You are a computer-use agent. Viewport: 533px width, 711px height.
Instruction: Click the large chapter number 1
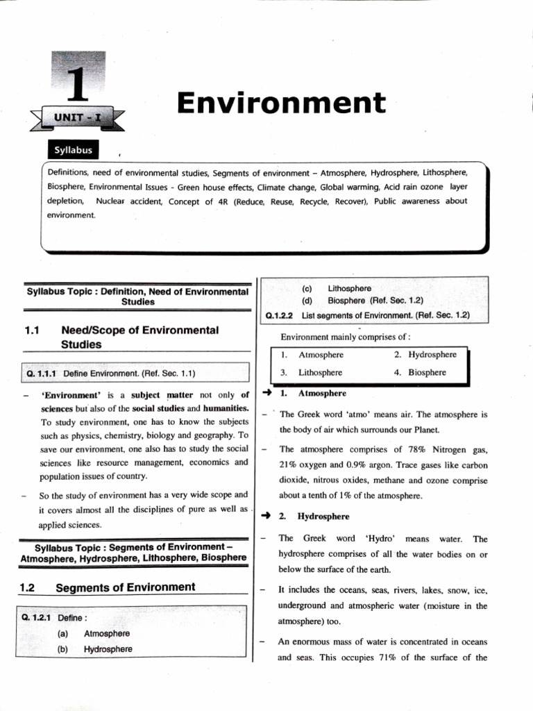pos(78,83)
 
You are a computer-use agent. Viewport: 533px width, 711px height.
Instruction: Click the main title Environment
pos(280,103)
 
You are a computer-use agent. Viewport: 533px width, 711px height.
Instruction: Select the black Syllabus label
pos(73,150)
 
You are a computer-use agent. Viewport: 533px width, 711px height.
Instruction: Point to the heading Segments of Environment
pos(125,587)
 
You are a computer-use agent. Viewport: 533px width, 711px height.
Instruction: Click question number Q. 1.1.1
pos(42,374)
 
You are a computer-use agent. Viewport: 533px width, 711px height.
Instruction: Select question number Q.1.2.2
pos(281,315)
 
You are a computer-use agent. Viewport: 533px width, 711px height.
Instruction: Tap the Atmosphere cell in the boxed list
pos(321,354)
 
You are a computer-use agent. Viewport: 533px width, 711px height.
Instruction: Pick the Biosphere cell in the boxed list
pos(427,372)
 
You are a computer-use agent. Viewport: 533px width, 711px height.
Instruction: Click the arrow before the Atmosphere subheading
pos(266,393)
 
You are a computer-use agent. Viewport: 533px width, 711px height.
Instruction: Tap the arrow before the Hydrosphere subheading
pos(266,517)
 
